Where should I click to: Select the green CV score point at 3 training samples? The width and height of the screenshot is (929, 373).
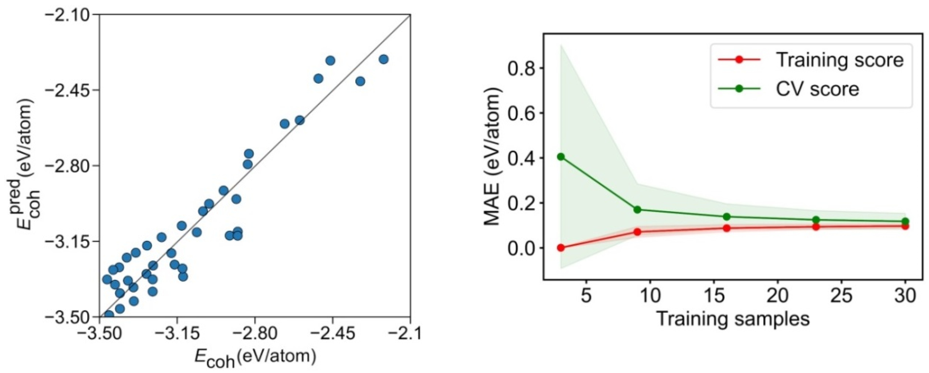coord(561,157)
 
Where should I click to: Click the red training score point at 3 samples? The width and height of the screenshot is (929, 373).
coord(561,247)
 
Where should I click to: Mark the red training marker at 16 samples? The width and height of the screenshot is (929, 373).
coord(727,228)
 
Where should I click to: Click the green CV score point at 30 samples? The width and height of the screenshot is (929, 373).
coord(905,221)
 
